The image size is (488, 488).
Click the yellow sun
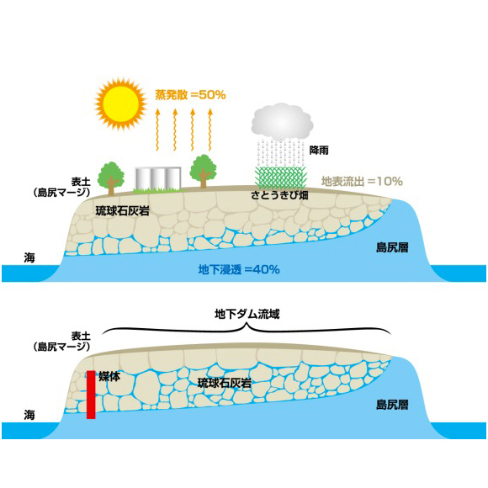click(121, 104)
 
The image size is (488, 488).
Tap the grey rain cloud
click(282, 122)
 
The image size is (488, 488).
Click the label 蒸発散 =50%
click(190, 94)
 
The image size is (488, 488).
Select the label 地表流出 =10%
click(362, 181)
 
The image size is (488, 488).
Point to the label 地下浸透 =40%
click(239, 269)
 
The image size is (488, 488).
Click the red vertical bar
click(91, 395)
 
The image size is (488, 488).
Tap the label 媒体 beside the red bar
click(109, 376)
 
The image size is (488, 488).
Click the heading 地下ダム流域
click(247, 314)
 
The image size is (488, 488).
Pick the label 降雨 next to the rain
click(319, 151)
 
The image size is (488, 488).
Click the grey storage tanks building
click(158, 178)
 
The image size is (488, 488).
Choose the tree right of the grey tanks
click(204, 171)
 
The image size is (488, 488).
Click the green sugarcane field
click(281, 178)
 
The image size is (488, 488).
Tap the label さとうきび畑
click(279, 195)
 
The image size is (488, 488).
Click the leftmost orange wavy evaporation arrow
click(158, 130)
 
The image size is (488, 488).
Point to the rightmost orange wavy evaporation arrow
click(210, 130)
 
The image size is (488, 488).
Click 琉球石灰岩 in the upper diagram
click(122, 211)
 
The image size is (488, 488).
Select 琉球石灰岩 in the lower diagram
click(225, 383)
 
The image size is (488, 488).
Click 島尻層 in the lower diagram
click(392, 405)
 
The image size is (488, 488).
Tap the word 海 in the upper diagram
click(29, 257)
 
